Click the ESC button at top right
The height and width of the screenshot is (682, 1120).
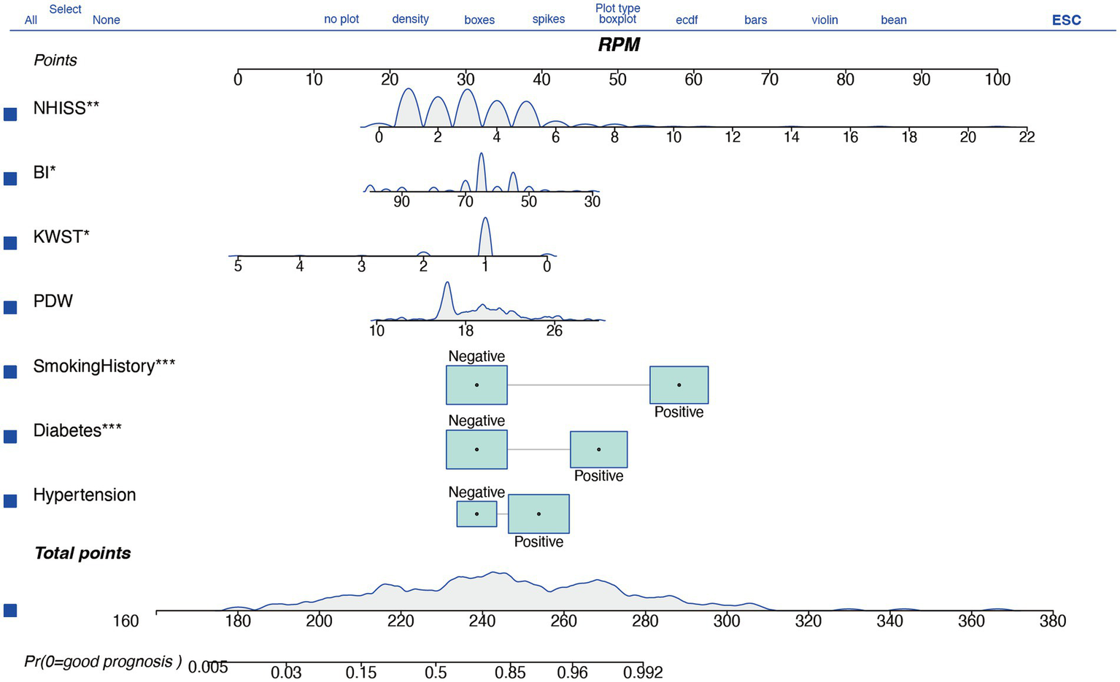1065,20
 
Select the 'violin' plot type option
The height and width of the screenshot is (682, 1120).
824,20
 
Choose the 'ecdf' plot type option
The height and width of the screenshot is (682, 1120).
687,20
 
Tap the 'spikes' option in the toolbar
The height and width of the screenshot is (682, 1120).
548,19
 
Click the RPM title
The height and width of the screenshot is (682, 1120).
619,44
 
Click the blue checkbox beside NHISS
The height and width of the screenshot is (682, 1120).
10,114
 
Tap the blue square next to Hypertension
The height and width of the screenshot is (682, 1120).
10,500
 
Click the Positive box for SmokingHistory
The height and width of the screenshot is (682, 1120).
679,384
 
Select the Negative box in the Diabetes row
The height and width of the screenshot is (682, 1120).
476,449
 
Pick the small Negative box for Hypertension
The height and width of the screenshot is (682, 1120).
476,514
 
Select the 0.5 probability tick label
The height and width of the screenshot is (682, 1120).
436,671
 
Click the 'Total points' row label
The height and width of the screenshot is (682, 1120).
82,553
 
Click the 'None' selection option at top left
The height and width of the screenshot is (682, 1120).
106,20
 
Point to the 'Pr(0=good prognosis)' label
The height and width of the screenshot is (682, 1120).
102,662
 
